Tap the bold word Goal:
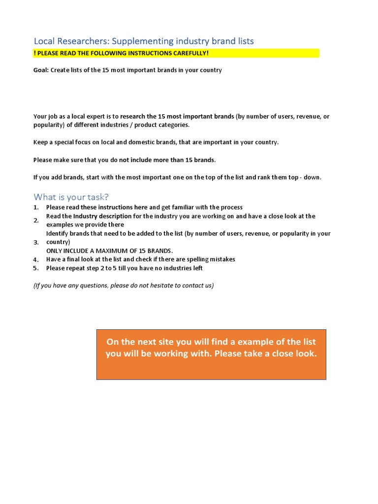[41, 70]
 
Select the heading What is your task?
[71, 197]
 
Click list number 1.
[36, 207]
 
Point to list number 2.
[36, 220]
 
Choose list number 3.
[36, 242]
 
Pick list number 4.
[36, 259]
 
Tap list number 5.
[36, 268]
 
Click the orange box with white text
[211, 354]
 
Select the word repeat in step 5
[77, 268]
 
